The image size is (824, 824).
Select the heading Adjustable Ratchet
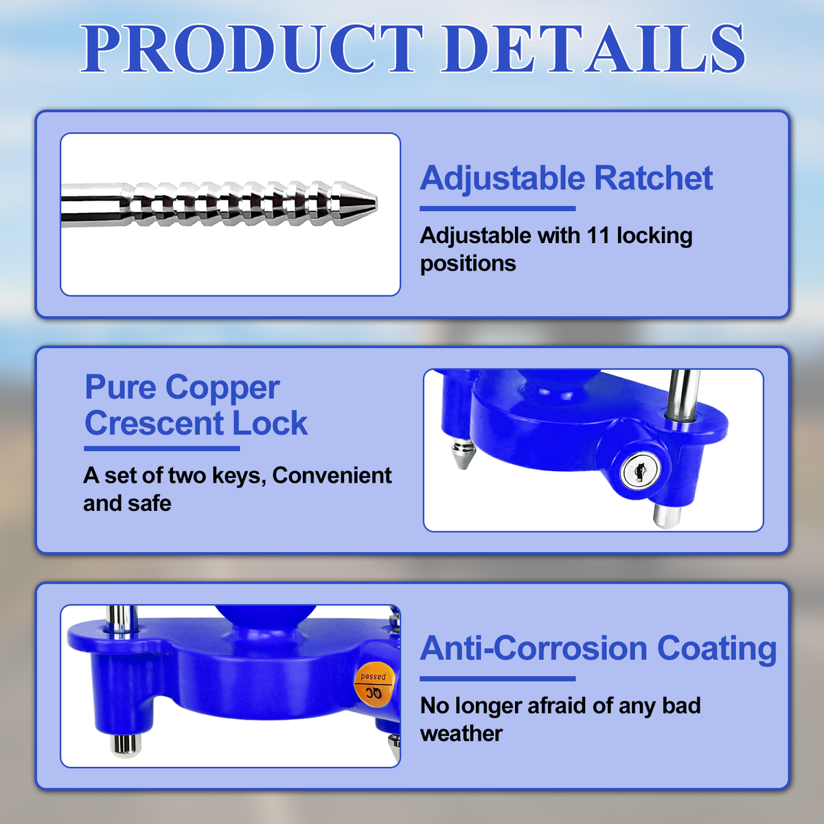pos(566,179)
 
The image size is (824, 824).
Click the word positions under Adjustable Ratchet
pos(468,264)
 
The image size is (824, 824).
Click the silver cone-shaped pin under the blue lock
pos(462,455)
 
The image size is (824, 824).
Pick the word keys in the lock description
pos(239,475)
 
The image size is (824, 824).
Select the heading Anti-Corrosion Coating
pos(598,649)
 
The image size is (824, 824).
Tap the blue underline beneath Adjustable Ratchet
pos(497,208)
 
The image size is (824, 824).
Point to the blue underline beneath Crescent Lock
pos(161,448)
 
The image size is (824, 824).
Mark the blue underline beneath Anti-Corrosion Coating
pos(497,678)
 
